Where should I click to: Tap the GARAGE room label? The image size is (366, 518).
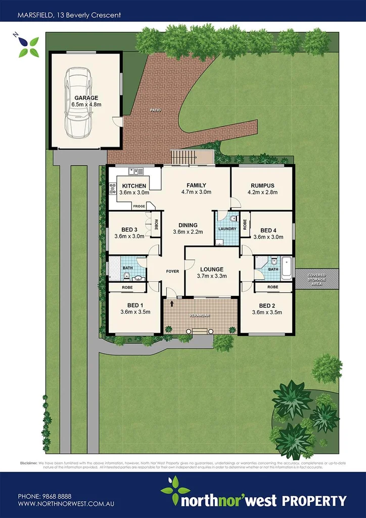tap(86, 98)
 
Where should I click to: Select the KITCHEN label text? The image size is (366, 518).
tap(134, 186)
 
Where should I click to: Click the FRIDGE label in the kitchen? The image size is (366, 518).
tap(139, 206)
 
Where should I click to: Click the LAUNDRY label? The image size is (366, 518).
tap(227, 229)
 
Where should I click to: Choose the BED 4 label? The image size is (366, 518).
tap(268, 230)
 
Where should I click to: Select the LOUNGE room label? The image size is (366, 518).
tap(211, 269)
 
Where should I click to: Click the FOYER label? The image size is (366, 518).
tap(173, 272)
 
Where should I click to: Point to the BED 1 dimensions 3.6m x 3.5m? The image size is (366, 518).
tap(135, 312)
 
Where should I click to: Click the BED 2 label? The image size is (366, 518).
tap(266, 306)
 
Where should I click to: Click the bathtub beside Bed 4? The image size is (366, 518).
tap(287, 267)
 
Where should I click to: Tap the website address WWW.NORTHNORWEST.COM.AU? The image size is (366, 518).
tap(64, 504)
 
